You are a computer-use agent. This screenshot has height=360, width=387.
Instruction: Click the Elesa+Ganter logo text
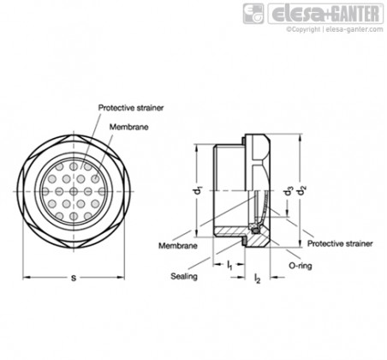click(x=325, y=14)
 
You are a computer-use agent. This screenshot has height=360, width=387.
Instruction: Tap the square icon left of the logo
click(x=253, y=14)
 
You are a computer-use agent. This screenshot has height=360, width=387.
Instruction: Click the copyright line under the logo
click(x=335, y=29)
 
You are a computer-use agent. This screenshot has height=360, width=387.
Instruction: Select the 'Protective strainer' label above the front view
click(x=131, y=108)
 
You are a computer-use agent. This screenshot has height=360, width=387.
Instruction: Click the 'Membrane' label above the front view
click(x=129, y=127)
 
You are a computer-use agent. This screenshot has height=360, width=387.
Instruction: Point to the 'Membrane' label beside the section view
click(x=178, y=246)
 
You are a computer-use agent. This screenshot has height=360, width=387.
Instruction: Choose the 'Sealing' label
click(x=184, y=276)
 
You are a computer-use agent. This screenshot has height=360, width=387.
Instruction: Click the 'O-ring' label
click(x=301, y=266)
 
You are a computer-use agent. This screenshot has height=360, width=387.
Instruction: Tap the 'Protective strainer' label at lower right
click(x=340, y=243)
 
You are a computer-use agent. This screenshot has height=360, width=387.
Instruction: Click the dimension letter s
click(x=74, y=278)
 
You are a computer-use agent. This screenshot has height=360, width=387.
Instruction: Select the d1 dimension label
click(x=199, y=190)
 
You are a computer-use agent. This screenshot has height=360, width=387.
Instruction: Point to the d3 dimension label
click(x=289, y=190)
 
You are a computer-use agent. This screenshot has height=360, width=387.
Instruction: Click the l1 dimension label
click(x=229, y=266)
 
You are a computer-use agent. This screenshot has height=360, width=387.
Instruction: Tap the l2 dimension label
click(x=257, y=278)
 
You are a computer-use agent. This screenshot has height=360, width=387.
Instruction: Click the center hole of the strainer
click(x=74, y=191)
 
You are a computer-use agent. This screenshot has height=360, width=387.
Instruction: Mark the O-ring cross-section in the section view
click(x=254, y=228)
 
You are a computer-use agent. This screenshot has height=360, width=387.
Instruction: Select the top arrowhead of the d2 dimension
click(x=300, y=138)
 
